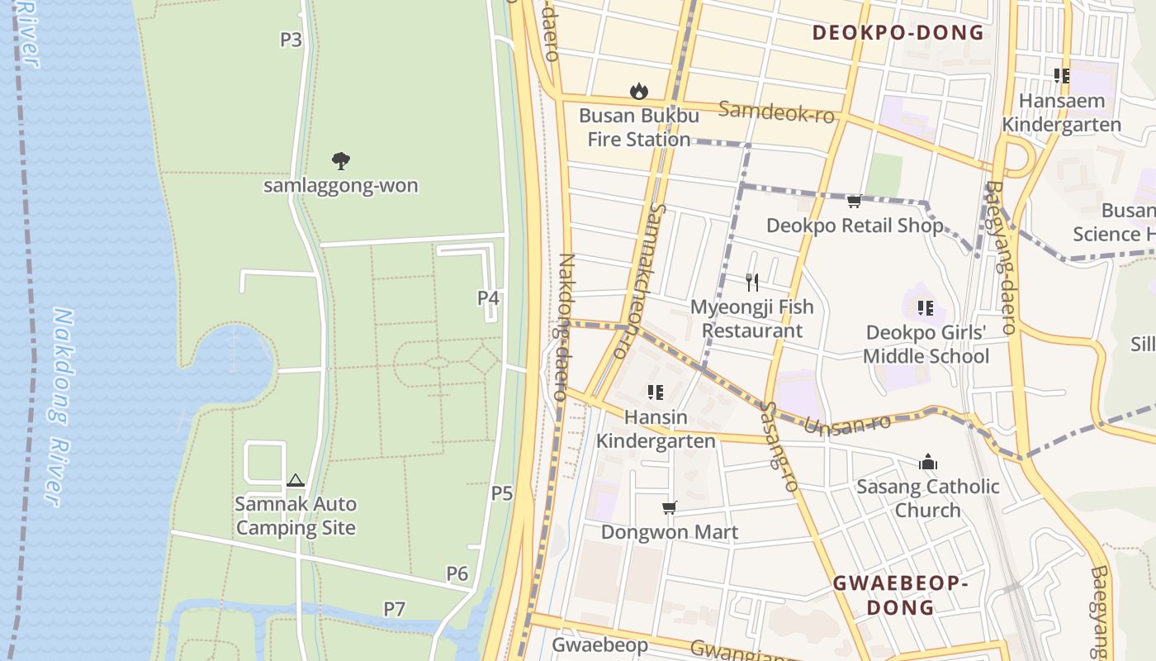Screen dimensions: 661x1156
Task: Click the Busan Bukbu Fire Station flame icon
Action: [638, 91]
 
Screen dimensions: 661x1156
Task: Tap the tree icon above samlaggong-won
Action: [340, 160]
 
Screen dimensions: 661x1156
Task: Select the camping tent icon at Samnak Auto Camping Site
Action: [295, 480]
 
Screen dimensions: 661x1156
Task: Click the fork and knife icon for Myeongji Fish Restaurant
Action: [751, 283]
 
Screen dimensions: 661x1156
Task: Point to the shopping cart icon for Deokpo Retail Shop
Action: [855, 201]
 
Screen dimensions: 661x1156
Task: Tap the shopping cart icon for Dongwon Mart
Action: [669, 507]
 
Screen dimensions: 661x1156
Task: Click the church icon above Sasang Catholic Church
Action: [928, 462]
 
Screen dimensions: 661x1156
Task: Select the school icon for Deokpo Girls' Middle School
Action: [926, 308]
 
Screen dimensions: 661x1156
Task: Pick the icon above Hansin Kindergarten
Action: [656, 392]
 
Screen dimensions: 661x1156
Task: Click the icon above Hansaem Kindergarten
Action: [1062, 76]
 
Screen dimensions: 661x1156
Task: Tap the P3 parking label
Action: [291, 39]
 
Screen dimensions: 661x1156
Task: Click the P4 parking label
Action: [489, 297]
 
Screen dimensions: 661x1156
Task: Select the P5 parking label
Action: [502, 493]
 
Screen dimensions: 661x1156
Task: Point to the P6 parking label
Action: [457, 573]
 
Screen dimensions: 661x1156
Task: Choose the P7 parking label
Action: [395, 609]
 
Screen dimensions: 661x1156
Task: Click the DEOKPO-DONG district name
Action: [898, 33]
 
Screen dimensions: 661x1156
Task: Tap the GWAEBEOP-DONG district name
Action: [899, 595]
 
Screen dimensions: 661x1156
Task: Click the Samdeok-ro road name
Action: [776, 112]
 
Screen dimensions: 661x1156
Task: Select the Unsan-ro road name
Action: [847, 425]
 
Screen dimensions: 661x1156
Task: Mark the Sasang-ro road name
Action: [779, 447]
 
